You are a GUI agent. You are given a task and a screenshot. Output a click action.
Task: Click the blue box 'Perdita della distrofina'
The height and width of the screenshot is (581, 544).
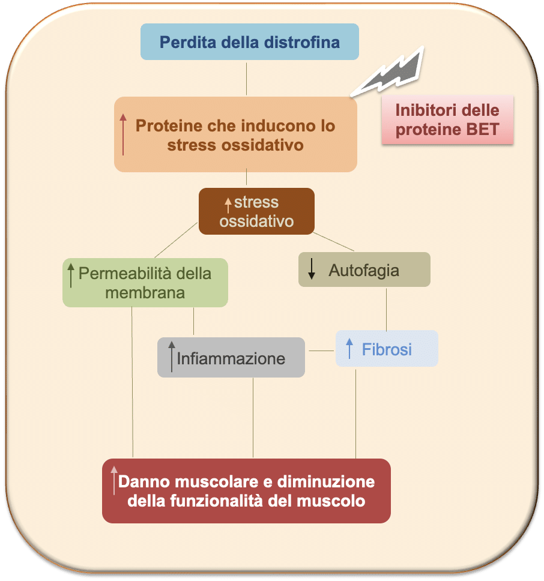pos(249,42)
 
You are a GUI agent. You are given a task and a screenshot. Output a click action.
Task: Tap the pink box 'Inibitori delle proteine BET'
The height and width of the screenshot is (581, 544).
pos(447,119)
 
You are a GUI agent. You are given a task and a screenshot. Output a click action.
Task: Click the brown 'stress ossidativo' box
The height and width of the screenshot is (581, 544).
pos(256,211)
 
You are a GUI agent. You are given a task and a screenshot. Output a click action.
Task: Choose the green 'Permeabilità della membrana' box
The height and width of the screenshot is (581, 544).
pos(145,283)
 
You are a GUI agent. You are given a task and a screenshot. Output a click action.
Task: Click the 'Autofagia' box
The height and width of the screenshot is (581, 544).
pos(364,269)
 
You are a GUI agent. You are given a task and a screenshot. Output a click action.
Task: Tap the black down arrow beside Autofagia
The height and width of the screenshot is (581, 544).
pos(312,270)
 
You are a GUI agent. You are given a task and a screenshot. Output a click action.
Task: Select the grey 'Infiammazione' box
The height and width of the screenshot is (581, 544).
pos(231,358)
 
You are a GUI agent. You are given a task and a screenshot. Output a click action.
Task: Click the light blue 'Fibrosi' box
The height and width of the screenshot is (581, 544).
pos(387,349)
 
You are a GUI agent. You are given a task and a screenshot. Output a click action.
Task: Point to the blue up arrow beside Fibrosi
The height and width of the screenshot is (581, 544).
pos(349,348)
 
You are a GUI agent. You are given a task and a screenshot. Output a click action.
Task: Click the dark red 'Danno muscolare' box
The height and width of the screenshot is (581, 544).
pos(246,490)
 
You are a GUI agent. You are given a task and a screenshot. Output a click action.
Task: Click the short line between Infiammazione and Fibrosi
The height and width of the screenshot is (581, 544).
pos(320,351)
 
